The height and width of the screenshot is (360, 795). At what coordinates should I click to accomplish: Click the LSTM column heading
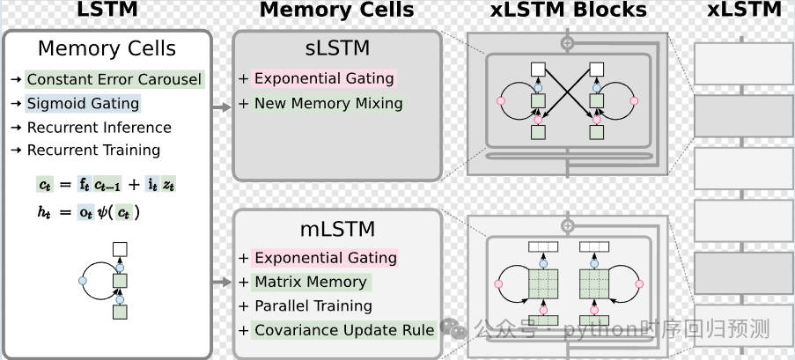(x=107, y=11)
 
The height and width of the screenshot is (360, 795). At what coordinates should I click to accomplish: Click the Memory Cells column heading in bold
(x=336, y=11)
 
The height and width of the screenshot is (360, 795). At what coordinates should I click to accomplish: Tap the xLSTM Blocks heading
(x=568, y=11)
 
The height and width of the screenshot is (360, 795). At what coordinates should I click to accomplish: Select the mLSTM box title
(x=335, y=230)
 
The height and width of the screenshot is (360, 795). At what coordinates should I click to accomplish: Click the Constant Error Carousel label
(x=114, y=80)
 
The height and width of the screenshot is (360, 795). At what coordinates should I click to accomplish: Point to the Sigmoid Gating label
(x=83, y=104)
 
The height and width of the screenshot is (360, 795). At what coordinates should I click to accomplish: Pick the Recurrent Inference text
(x=99, y=127)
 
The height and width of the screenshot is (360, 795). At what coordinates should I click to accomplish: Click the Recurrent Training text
(x=93, y=151)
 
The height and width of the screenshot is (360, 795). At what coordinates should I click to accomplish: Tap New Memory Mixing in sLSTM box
(x=328, y=104)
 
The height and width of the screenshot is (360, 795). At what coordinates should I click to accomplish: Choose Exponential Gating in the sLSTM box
(x=324, y=79)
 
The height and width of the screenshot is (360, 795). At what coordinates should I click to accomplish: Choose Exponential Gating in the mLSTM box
(x=324, y=258)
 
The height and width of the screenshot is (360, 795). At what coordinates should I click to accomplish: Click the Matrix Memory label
(x=310, y=283)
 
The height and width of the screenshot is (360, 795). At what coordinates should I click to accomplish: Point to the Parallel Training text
(x=313, y=306)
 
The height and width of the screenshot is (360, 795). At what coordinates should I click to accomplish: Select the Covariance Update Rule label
(x=344, y=331)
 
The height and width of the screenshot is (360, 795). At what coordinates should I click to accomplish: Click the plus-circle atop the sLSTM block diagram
(x=568, y=41)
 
